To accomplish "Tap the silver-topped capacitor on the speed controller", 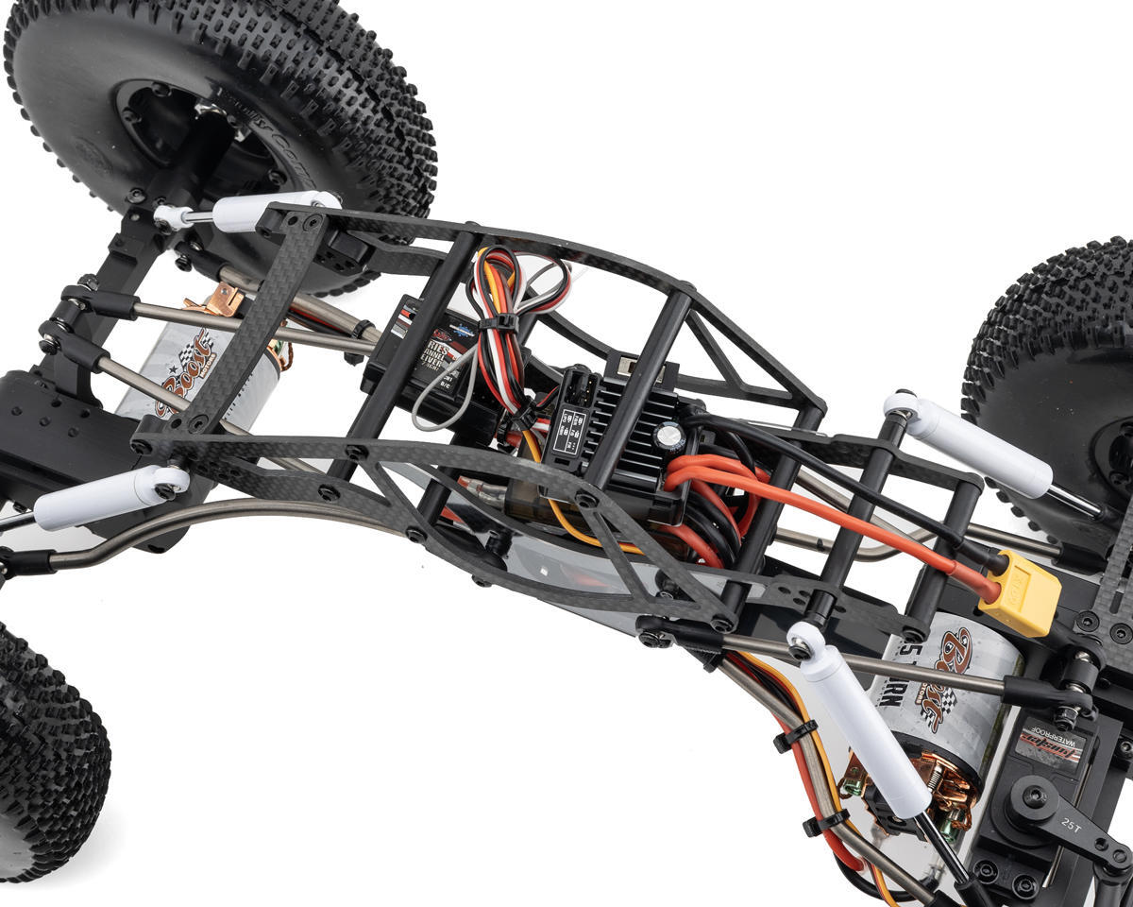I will pos(670,436).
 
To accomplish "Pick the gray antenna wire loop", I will pos(439,397).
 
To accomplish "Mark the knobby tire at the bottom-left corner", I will pos(47,756).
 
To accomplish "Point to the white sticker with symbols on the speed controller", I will pos(569,430).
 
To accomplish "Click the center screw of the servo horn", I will pos(1033,797).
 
